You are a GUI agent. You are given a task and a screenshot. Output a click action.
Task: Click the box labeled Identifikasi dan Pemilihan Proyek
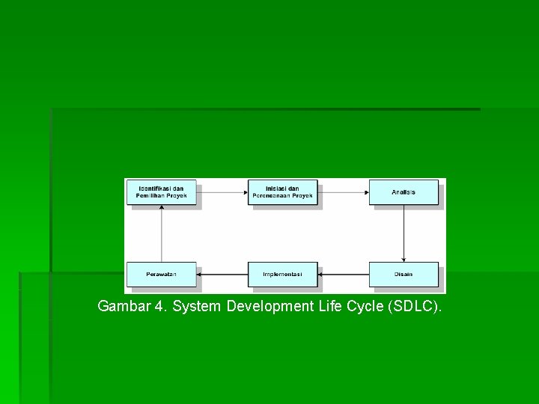(162, 192)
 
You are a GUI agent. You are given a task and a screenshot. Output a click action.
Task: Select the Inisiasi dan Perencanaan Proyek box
(283, 192)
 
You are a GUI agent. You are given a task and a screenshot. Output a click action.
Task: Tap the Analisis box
(404, 192)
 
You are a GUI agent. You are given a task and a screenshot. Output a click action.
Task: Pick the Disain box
(404, 275)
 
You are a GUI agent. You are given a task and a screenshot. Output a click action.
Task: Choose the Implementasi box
(283, 275)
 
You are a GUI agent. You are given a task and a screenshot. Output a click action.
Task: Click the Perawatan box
(162, 275)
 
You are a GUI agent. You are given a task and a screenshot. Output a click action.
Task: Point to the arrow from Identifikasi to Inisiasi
(222, 192)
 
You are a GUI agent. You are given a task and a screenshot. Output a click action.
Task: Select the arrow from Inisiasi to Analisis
(343, 192)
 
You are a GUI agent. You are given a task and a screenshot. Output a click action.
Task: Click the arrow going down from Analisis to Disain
(404, 233)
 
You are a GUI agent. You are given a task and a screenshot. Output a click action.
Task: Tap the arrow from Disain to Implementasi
(344, 275)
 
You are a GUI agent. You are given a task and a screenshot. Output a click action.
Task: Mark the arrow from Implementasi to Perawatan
(222, 275)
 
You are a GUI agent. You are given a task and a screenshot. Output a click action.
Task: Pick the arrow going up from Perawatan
(162, 233)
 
